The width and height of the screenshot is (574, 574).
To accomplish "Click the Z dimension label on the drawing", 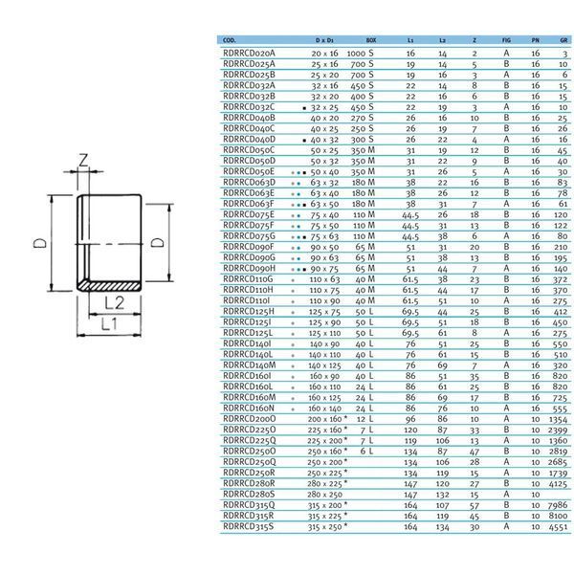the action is [84, 161].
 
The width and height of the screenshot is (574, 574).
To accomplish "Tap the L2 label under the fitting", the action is [115, 303].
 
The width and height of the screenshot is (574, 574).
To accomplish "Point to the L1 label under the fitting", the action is [109, 324].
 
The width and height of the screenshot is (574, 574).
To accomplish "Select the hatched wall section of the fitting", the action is [110, 286].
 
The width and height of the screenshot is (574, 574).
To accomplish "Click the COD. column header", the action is [230, 40].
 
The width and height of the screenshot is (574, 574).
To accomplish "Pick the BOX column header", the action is [371, 40].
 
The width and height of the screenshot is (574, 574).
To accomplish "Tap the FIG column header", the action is [506, 40].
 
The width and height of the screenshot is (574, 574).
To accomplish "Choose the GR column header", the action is [563, 40].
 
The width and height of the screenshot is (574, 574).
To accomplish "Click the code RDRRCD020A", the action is [249, 53].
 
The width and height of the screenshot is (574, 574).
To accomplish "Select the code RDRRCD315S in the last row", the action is [248, 527].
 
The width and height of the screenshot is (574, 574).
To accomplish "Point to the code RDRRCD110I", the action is [247, 300].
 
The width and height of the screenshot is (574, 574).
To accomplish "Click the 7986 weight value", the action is [558, 505].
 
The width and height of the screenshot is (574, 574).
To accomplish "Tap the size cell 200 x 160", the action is [324, 419].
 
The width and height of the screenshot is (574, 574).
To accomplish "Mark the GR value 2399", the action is [558, 430].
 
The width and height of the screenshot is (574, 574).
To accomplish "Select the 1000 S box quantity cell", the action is [361, 54].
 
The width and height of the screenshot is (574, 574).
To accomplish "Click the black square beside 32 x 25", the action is [304, 108].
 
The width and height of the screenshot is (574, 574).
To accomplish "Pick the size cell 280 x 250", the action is [324, 495].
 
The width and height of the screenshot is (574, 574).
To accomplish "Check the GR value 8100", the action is [558, 517].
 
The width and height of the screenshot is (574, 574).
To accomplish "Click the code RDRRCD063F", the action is [249, 204].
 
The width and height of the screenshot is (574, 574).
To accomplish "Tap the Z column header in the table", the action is [475, 40].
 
